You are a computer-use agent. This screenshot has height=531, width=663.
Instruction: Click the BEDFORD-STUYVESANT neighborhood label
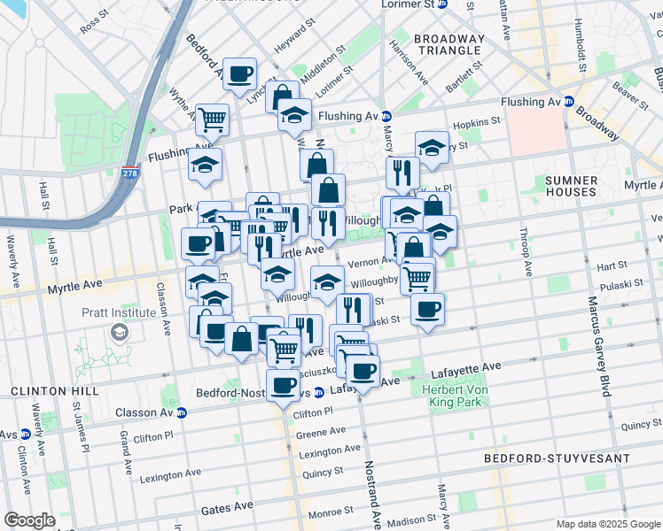(557, 458)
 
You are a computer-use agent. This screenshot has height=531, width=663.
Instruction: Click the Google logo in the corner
(29, 520)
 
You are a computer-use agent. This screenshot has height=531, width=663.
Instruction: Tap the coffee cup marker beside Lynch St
(239, 73)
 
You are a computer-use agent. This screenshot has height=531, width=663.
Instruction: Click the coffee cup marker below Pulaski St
(427, 310)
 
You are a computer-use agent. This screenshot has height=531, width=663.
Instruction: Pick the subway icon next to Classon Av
(182, 412)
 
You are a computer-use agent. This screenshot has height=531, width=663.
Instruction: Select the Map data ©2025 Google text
(607, 524)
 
